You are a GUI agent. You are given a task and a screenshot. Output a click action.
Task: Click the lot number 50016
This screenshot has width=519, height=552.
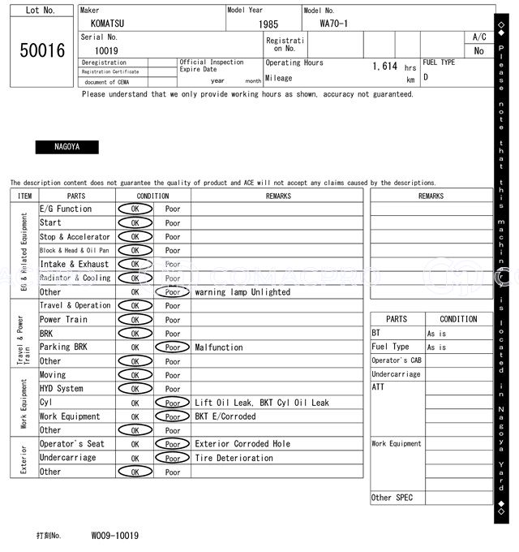pyautogui.click(x=41, y=50)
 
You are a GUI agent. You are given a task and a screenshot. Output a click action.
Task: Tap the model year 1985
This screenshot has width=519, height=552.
pyautogui.click(x=268, y=24)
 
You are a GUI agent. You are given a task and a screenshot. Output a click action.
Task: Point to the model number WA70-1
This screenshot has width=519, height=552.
pyautogui.click(x=334, y=24)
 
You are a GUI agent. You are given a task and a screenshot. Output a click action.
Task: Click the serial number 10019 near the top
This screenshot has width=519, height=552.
pyautogui.click(x=101, y=50)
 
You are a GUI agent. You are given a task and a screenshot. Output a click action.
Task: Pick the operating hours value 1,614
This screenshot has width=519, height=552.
pyautogui.click(x=384, y=67)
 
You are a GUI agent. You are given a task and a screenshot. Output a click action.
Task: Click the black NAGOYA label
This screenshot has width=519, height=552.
pyautogui.click(x=66, y=147)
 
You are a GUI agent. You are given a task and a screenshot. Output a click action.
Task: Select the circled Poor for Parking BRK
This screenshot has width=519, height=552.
pyautogui.click(x=172, y=347)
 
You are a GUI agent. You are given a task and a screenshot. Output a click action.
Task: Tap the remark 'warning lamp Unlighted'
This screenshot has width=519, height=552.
pyautogui.click(x=242, y=292)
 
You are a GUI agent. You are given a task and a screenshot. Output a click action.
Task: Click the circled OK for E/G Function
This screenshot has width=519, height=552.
pyautogui.click(x=135, y=209)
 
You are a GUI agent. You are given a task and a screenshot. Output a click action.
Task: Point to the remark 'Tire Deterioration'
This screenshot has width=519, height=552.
pyautogui.click(x=234, y=458)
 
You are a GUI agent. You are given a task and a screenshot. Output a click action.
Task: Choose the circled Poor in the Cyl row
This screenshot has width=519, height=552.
pyautogui.click(x=172, y=403)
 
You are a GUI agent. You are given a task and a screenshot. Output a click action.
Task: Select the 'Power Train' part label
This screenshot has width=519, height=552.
pyautogui.click(x=63, y=320)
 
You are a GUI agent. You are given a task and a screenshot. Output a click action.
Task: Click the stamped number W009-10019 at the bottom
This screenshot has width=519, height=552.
pyautogui.click(x=114, y=536)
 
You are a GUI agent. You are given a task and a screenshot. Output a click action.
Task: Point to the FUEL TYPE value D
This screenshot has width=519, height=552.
pyautogui.click(x=426, y=78)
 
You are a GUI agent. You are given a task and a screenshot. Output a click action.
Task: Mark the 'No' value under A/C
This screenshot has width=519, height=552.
pyautogui.click(x=478, y=51)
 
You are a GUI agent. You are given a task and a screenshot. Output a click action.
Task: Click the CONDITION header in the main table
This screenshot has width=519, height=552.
pyautogui.click(x=152, y=196)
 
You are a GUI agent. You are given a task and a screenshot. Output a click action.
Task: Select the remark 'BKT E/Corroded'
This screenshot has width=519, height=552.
pyautogui.click(x=225, y=416)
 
